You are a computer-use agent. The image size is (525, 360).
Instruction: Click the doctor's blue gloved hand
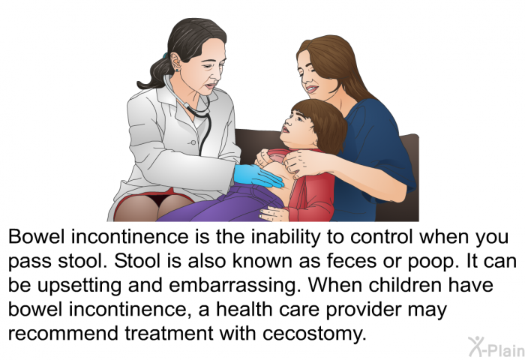258,175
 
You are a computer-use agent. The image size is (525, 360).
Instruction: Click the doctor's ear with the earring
175,62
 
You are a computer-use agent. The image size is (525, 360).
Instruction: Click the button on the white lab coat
193,142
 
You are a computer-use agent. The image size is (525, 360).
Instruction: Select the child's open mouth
286,129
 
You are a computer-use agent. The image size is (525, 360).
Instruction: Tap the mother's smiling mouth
311,89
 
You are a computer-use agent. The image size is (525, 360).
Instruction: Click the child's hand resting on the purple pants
274,214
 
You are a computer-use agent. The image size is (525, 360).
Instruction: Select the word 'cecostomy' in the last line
314,334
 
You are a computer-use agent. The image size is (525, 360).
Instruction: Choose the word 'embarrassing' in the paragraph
233,286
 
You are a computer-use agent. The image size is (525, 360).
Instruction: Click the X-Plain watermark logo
496,347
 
